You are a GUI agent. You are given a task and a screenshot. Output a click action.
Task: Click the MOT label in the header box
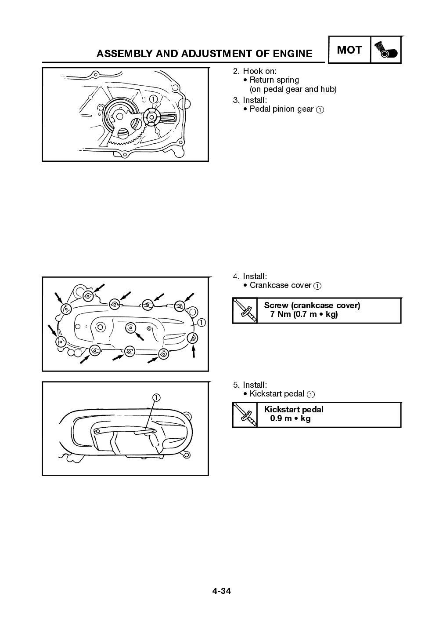[x=349, y=50]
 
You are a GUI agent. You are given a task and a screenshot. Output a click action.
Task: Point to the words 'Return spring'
[x=274, y=80]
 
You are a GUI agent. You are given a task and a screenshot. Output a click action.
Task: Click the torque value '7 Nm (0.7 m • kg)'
[x=301, y=314]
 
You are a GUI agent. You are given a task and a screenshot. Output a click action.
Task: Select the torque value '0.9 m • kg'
[x=290, y=418]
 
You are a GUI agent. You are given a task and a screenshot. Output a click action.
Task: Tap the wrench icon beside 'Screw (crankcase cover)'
[x=245, y=310]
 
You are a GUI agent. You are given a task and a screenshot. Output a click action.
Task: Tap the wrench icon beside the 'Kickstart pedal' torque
[x=245, y=415]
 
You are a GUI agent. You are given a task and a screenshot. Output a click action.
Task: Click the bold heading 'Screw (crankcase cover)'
[x=312, y=305]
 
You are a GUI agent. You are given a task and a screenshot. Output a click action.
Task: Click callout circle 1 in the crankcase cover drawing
[x=201, y=323]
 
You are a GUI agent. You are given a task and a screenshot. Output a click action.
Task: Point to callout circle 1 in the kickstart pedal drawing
[x=156, y=397]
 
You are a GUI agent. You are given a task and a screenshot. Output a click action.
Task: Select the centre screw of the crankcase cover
[x=130, y=328]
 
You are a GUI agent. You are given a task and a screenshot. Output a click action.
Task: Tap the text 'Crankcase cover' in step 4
[x=281, y=285]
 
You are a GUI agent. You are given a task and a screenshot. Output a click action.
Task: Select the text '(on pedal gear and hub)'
[x=293, y=89]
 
